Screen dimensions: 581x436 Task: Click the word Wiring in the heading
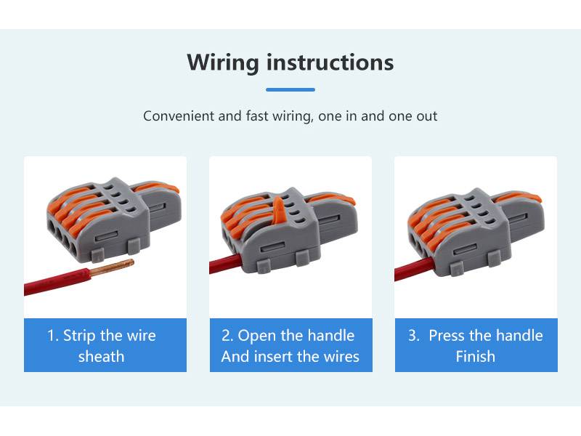pyautogui.click(x=223, y=62)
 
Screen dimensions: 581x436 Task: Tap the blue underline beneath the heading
pyautogui.click(x=290, y=89)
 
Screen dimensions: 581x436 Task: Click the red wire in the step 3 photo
pyautogui.click(x=414, y=269)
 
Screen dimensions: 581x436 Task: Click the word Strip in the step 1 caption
pyautogui.click(x=80, y=336)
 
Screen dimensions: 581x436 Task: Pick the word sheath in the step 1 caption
pyautogui.click(x=101, y=356)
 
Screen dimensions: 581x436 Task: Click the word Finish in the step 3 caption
pyautogui.click(x=476, y=356)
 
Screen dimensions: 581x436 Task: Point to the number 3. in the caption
pyautogui.click(x=414, y=336)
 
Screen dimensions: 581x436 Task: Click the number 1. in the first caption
pyautogui.click(x=53, y=336)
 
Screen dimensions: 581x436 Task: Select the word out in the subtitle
pyautogui.click(x=427, y=116)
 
